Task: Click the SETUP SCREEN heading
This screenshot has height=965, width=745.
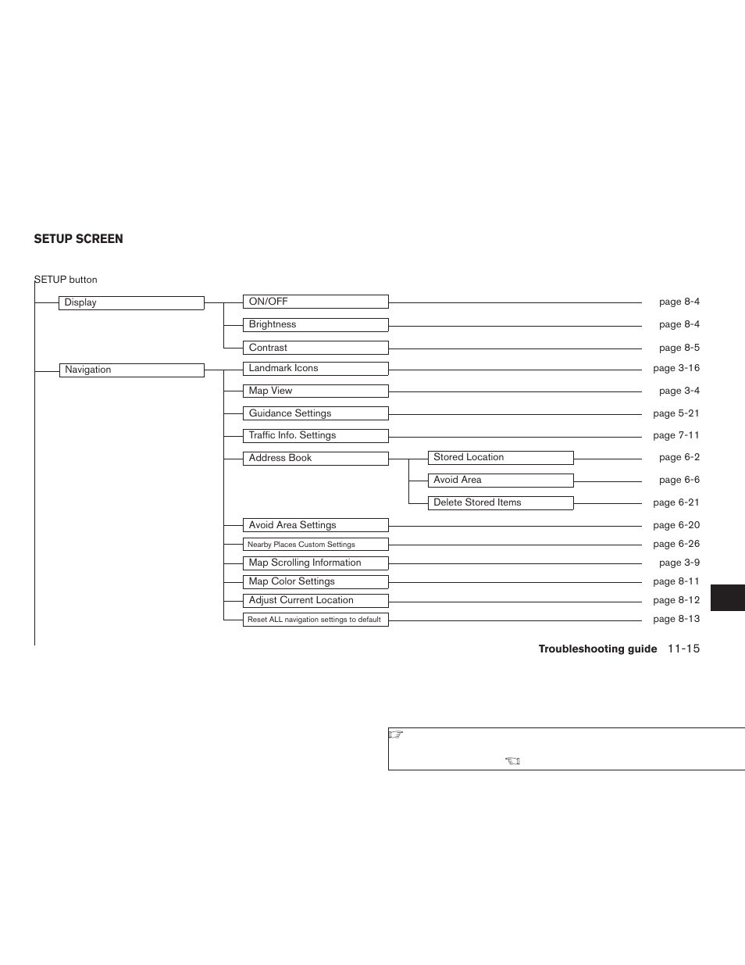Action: coord(78,239)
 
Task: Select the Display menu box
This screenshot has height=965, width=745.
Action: coord(131,303)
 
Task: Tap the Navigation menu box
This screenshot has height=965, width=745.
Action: coord(131,370)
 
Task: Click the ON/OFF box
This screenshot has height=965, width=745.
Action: coord(315,302)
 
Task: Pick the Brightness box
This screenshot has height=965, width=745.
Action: coord(315,325)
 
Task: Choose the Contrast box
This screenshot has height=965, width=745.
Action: coord(315,348)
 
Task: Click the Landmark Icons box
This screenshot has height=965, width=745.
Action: coord(315,369)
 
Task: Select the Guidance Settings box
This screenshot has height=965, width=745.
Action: coord(315,413)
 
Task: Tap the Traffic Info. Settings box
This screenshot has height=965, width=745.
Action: coord(315,436)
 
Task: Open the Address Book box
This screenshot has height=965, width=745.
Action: coord(315,459)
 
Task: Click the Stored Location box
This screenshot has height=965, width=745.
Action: coord(501,458)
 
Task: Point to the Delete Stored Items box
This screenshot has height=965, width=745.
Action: coord(501,503)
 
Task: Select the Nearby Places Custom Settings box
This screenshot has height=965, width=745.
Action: coord(315,545)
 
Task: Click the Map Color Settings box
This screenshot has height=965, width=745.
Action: coord(315,582)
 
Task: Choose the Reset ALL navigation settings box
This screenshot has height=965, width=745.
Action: coord(315,620)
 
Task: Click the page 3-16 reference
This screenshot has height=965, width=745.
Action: coord(676,368)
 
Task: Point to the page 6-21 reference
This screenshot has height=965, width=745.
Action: coord(676,502)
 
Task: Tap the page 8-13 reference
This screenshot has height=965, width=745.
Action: coord(676,619)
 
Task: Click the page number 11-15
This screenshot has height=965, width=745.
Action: coord(683,649)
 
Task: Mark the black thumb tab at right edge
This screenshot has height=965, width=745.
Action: coord(728,598)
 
